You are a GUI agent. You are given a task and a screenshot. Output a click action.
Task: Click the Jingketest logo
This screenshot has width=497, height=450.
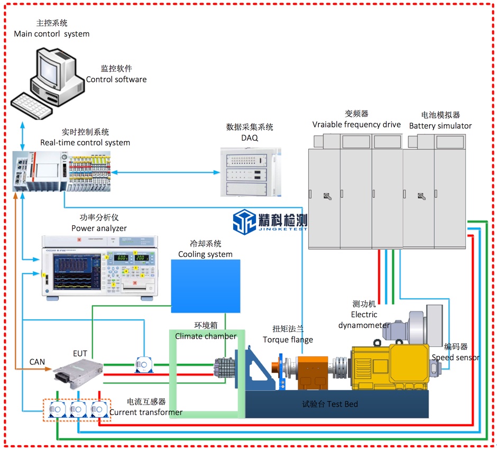pos(270,221)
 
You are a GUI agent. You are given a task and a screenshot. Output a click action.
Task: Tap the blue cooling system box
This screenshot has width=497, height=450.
pos(206,286)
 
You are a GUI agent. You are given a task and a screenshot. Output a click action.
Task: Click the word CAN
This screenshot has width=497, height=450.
pos(37,362)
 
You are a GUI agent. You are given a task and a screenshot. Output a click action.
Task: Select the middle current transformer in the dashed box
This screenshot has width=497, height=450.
pos(77,409)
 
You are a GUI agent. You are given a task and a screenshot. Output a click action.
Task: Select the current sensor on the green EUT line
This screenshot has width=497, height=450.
pos(144,364)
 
